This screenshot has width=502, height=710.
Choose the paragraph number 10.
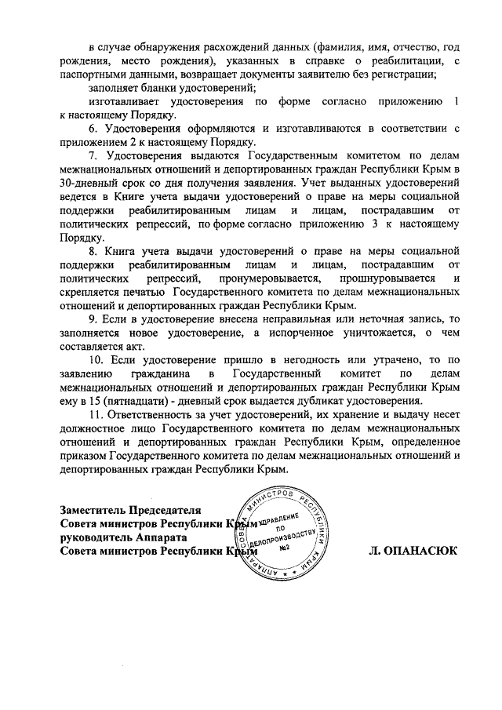95,359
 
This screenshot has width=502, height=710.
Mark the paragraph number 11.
95,414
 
